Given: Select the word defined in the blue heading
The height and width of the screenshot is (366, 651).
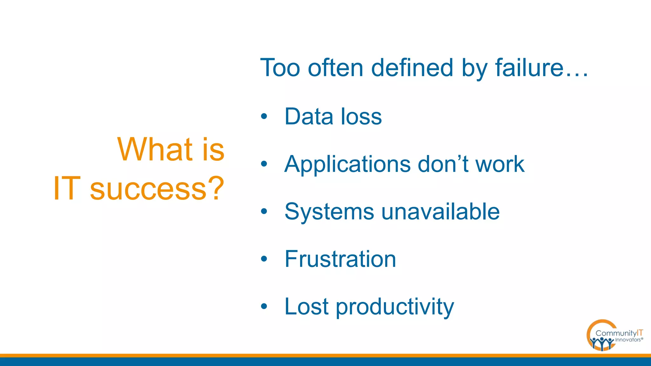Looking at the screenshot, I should pyautogui.click(x=412, y=68).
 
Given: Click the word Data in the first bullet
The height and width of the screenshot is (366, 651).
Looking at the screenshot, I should pyautogui.click(x=309, y=117).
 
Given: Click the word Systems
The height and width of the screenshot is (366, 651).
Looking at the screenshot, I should pyautogui.click(x=329, y=212).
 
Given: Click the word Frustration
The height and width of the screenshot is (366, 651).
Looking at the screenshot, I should pyautogui.click(x=340, y=259).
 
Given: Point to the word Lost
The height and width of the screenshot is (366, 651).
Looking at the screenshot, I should pyautogui.click(x=306, y=307).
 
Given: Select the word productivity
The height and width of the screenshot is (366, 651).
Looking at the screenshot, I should pyautogui.click(x=395, y=307).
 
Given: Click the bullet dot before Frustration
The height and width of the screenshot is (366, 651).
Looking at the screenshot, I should pyautogui.click(x=264, y=259).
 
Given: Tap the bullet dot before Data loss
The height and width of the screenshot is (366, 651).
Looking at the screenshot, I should pyautogui.click(x=264, y=117).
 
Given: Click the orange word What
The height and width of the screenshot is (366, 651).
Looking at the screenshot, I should pyautogui.click(x=155, y=149).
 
